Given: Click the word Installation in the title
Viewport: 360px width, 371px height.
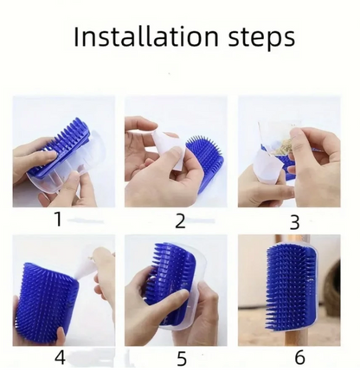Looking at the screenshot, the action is pyautogui.click(x=146, y=36).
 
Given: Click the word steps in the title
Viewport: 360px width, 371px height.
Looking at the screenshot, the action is pyautogui.click(x=261, y=39).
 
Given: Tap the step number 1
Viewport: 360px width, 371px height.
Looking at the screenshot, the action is pyautogui.click(x=59, y=219).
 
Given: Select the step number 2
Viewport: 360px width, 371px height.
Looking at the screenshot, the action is pyautogui.click(x=180, y=221).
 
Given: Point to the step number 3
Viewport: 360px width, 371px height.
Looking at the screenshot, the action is pyautogui.click(x=294, y=222).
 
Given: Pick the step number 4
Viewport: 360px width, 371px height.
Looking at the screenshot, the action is pyautogui.click(x=60, y=357).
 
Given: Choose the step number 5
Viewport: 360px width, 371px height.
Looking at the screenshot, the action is pyautogui.click(x=181, y=358).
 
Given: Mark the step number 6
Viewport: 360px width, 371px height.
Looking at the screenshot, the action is pyautogui.click(x=299, y=357).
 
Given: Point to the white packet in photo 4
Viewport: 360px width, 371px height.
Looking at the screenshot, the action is pyautogui.click(x=84, y=263).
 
